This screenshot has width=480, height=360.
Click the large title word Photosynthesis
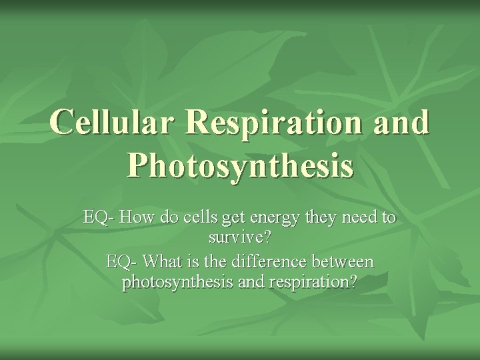coord(239,165)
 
